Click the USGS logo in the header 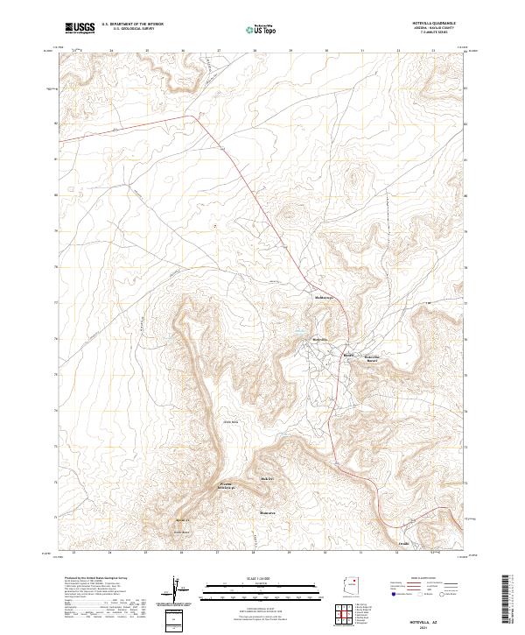(x=80, y=28)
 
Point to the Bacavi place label (x=348, y=356)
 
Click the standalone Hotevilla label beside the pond (x=320, y=338)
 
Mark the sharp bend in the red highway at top (x=193, y=116)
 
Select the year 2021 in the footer (x=435, y=626)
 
